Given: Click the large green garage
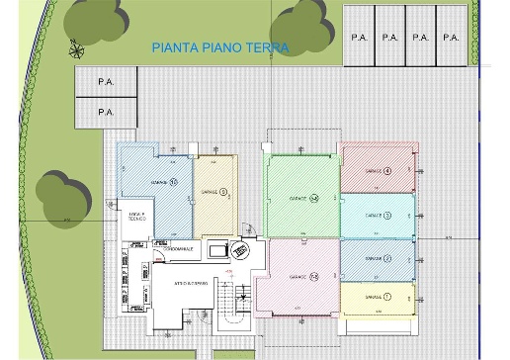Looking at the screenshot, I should click(x=300, y=197).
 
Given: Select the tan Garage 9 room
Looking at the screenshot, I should click(x=215, y=193).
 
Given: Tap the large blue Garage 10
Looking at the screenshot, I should click(x=154, y=188).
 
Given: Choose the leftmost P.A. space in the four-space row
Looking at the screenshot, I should click(x=358, y=37).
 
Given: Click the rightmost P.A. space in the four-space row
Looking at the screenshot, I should click(x=452, y=37).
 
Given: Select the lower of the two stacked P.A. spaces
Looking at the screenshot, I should click(x=105, y=112).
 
